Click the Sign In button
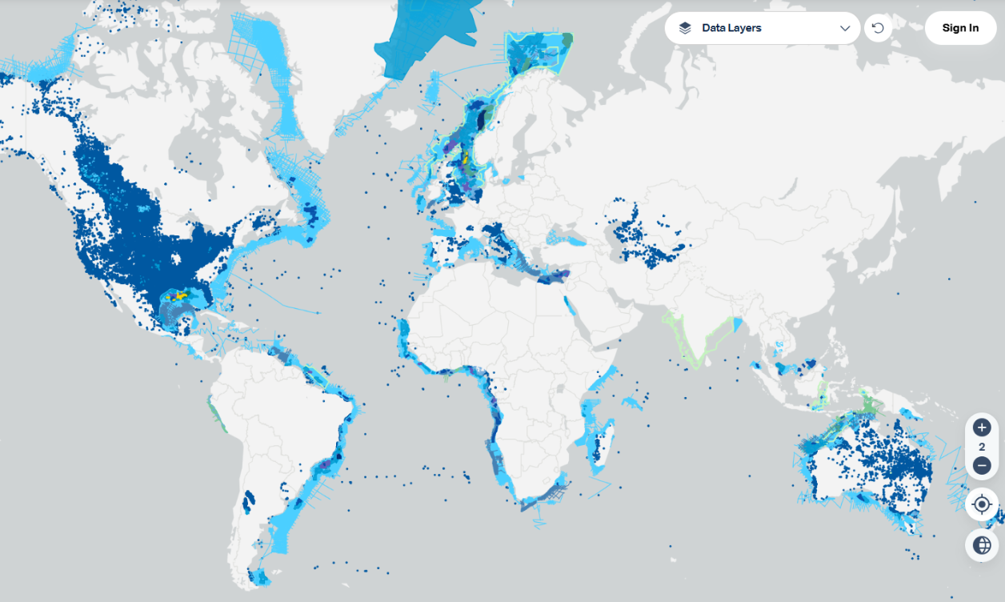click(x=960, y=28)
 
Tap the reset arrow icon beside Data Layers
click(x=878, y=28)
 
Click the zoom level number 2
click(x=982, y=447)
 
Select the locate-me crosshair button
click(x=982, y=504)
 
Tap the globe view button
click(x=982, y=545)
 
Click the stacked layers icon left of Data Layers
click(x=685, y=28)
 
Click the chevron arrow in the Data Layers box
click(x=845, y=28)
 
